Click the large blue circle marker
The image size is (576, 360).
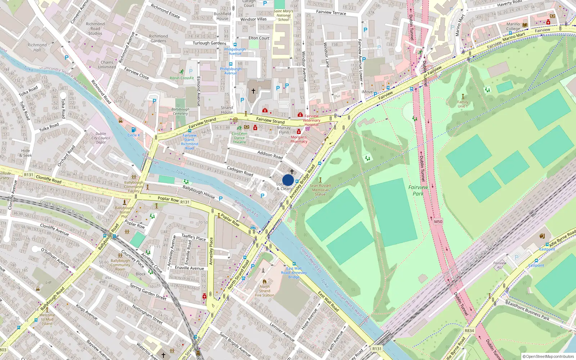point(288,180)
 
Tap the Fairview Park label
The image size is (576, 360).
point(418,190)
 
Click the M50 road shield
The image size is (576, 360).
point(438,221)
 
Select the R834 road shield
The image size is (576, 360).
point(469,330)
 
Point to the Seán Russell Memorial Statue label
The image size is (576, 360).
point(320,190)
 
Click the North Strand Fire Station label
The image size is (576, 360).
point(265,291)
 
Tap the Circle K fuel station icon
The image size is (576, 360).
point(134,130)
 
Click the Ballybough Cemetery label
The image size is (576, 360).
point(180,111)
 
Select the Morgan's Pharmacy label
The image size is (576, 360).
point(299,139)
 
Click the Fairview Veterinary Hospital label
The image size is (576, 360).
point(311,120)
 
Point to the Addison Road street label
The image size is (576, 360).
point(270,155)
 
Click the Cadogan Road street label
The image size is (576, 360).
point(240,171)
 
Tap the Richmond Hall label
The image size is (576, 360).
point(37,48)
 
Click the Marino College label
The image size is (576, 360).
point(513,27)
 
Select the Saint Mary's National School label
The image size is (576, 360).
point(283,15)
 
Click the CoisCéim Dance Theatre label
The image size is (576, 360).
point(239,138)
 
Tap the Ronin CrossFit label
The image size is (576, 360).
point(182,78)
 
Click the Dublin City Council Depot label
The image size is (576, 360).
point(101,138)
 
